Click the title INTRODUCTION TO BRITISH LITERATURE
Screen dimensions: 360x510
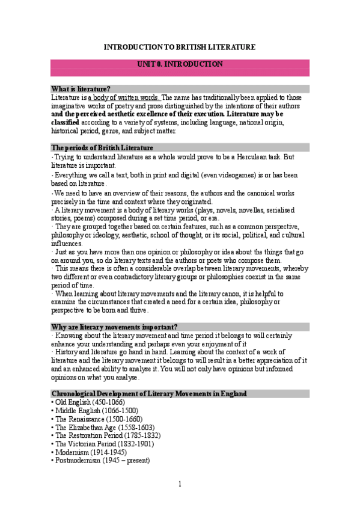[x=180, y=47]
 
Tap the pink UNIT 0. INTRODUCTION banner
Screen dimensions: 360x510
[x=180, y=64]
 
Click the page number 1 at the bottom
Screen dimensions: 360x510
[x=180, y=484]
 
